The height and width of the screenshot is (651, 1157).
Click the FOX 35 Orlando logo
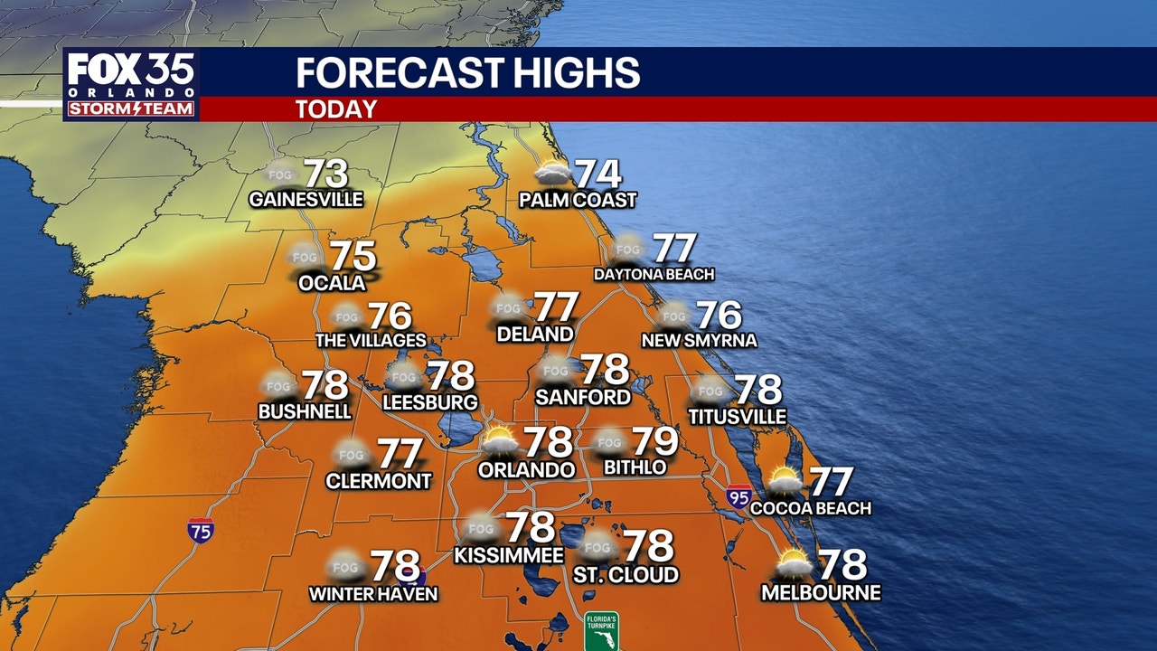pyautogui.click(x=131, y=85)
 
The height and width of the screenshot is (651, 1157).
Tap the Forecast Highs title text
pyautogui.click(x=467, y=72)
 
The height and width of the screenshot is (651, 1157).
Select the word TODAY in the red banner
pyautogui.click(x=335, y=109)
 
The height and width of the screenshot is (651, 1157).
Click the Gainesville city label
pyautogui.click(x=306, y=199)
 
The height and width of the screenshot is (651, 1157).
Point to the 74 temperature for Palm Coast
pyautogui.click(x=598, y=174)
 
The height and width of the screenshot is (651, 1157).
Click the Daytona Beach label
pyautogui.click(x=654, y=274)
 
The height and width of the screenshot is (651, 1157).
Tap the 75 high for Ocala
pyautogui.click(x=352, y=257)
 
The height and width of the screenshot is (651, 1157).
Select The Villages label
pyautogui.click(x=370, y=341)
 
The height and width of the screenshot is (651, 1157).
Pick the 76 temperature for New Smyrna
pyautogui.click(x=720, y=315)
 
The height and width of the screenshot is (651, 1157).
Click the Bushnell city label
pyautogui.click(x=305, y=411)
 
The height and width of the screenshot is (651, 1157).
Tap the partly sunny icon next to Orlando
pyautogui.click(x=500, y=442)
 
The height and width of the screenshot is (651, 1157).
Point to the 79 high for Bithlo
pyautogui.click(x=654, y=441)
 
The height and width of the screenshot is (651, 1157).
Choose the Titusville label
pyautogui.click(x=737, y=417)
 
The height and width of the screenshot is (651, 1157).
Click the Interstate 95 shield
pyautogui.click(x=738, y=495)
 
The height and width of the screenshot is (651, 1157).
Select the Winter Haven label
pyautogui.click(x=373, y=594)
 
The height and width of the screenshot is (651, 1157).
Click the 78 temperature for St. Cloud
pyautogui.click(x=649, y=545)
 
